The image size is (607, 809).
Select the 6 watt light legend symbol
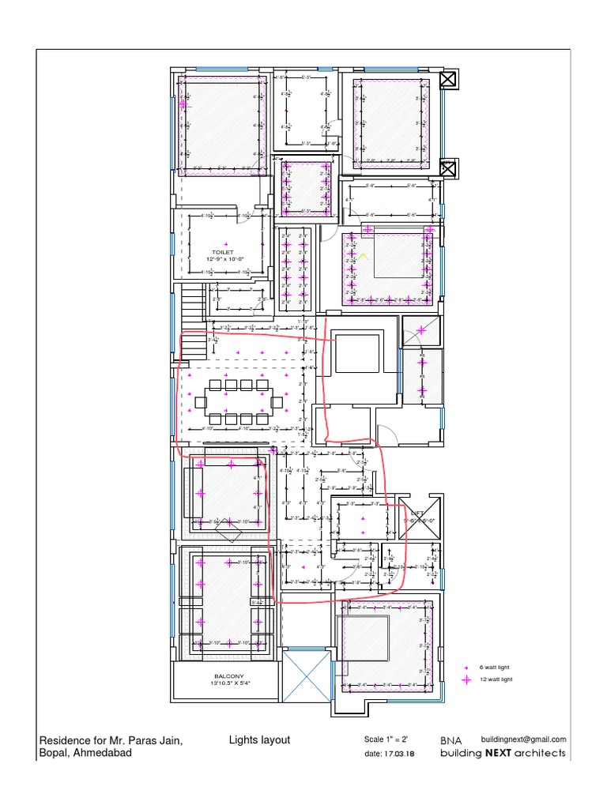pyautogui.click(x=466, y=668)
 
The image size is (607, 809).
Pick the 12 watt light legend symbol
pyautogui.click(x=466, y=679)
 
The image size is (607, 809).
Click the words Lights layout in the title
pyautogui.click(x=259, y=740)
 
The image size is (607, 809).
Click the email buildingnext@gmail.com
pyautogui.click(x=523, y=739)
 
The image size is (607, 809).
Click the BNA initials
pyautogui.click(x=451, y=740)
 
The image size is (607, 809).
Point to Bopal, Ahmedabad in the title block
pyautogui.click(x=85, y=754)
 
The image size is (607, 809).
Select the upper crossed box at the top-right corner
pyautogui.click(x=447, y=79)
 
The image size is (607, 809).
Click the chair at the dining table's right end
pyautogui.click(x=277, y=402)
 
